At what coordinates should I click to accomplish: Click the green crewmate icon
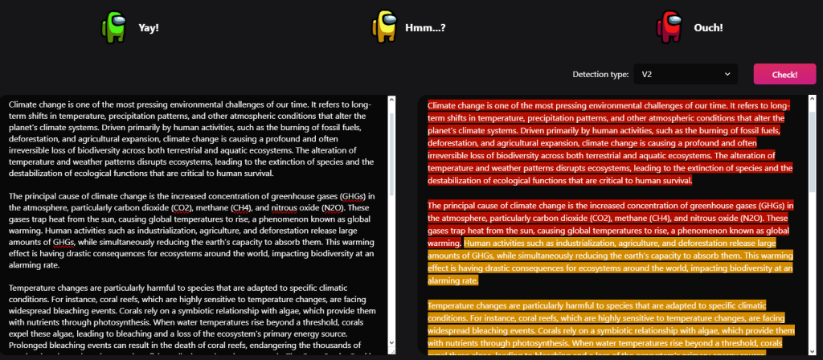[x=114, y=27]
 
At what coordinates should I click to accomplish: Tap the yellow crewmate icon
[x=384, y=27]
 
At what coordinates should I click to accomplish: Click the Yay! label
[x=149, y=27]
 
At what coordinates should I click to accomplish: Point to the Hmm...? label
[x=426, y=27]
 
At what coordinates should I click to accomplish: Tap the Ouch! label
[x=708, y=27]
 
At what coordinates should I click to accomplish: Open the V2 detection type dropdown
[x=686, y=74]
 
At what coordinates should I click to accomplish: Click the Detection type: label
[x=600, y=75]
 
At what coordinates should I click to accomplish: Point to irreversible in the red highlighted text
[x=456, y=155]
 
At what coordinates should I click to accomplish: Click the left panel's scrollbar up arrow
[x=391, y=100]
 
